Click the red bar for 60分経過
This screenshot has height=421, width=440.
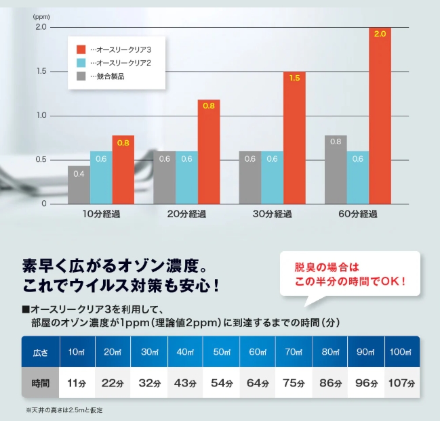click(x=380, y=115)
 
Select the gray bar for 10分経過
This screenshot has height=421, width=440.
click(x=79, y=184)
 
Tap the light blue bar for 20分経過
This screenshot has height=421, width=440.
click(x=186, y=177)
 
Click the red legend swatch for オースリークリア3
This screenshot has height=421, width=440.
click(x=81, y=49)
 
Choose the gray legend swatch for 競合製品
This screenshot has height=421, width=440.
click(x=81, y=76)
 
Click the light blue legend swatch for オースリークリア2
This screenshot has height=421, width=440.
click(x=81, y=63)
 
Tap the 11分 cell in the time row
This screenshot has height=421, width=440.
click(x=77, y=382)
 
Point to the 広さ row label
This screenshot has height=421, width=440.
click(x=40, y=352)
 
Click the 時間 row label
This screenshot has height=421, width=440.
click(x=40, y=382)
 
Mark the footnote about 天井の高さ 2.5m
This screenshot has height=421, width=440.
click(x=65, y=409)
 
